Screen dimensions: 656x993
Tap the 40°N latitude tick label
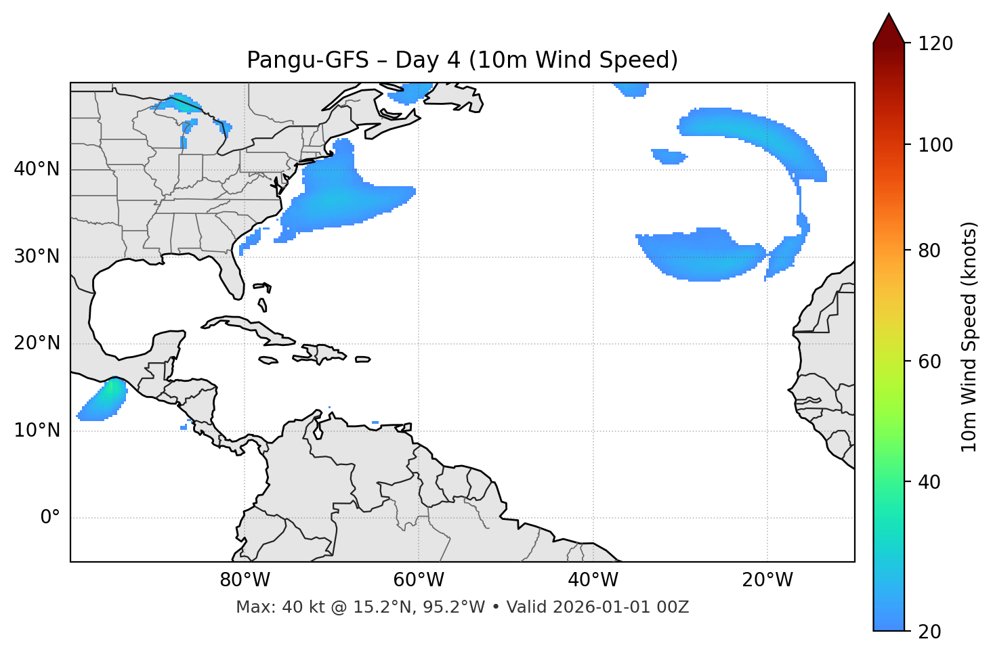37,169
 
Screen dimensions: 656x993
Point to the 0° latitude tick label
50,518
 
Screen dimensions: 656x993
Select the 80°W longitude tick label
245,580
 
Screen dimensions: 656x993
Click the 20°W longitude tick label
767,580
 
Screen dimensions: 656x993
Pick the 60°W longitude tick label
419,580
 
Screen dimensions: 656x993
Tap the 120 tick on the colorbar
935,44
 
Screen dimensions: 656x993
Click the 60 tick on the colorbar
929,362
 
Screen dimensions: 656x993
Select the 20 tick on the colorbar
929,632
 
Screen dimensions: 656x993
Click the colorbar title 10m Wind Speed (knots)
969,337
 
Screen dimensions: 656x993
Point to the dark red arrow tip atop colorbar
889,27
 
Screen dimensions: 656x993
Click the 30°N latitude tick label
37,257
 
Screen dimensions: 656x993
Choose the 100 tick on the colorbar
935,145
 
